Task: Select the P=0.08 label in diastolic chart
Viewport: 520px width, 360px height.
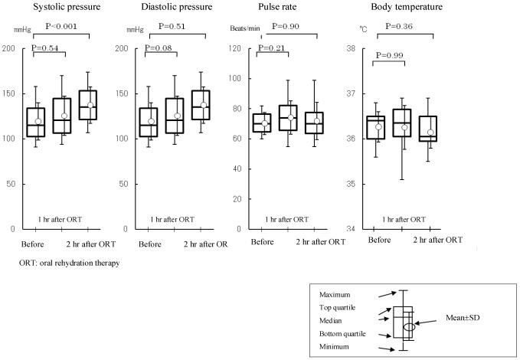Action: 160,47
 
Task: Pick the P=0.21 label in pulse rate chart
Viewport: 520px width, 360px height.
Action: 272,47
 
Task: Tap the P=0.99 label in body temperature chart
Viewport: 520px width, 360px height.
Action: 389,57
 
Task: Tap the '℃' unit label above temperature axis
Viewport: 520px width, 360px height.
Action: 363,27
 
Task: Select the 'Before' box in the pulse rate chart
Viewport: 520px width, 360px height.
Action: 262,123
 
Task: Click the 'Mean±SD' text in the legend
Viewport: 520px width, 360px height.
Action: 460,316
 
